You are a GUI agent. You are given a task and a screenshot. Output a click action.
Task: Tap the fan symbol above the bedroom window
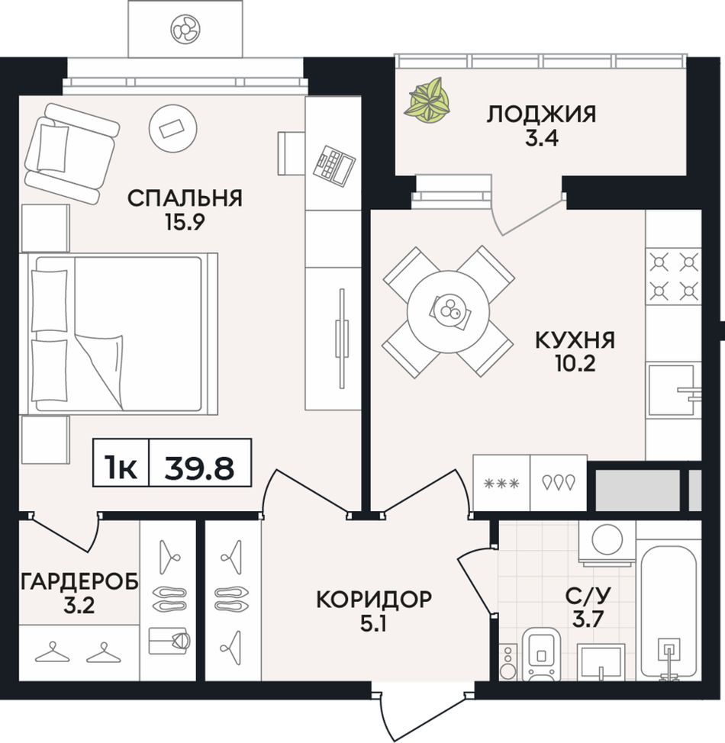click(185, 28)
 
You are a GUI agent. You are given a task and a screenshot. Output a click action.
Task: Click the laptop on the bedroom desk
click(334, 165)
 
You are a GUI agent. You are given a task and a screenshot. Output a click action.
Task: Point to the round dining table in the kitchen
click(448, 311)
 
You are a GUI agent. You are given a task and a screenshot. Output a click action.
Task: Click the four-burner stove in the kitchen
click(673, 277)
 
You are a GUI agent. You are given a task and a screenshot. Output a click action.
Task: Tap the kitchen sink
click(674, 391)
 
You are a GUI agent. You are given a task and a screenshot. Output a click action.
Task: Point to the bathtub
click(669, 613)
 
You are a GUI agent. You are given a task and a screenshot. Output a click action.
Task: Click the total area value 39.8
click(199, 468)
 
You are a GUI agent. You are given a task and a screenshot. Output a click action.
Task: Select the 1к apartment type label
click(121, 468)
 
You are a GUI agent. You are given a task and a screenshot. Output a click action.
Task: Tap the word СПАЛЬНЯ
click(185, 198)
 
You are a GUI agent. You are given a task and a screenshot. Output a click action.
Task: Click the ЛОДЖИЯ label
click(541, 114)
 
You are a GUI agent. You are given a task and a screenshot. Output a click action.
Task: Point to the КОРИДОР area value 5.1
click(374, 625)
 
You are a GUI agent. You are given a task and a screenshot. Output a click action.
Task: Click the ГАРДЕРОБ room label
click(79, 581)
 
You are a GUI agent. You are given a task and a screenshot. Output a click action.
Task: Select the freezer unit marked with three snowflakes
click(501, 484)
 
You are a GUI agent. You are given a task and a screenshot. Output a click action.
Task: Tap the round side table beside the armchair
click(172, 128)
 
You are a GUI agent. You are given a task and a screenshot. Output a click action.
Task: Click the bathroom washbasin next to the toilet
click(601, 661)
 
